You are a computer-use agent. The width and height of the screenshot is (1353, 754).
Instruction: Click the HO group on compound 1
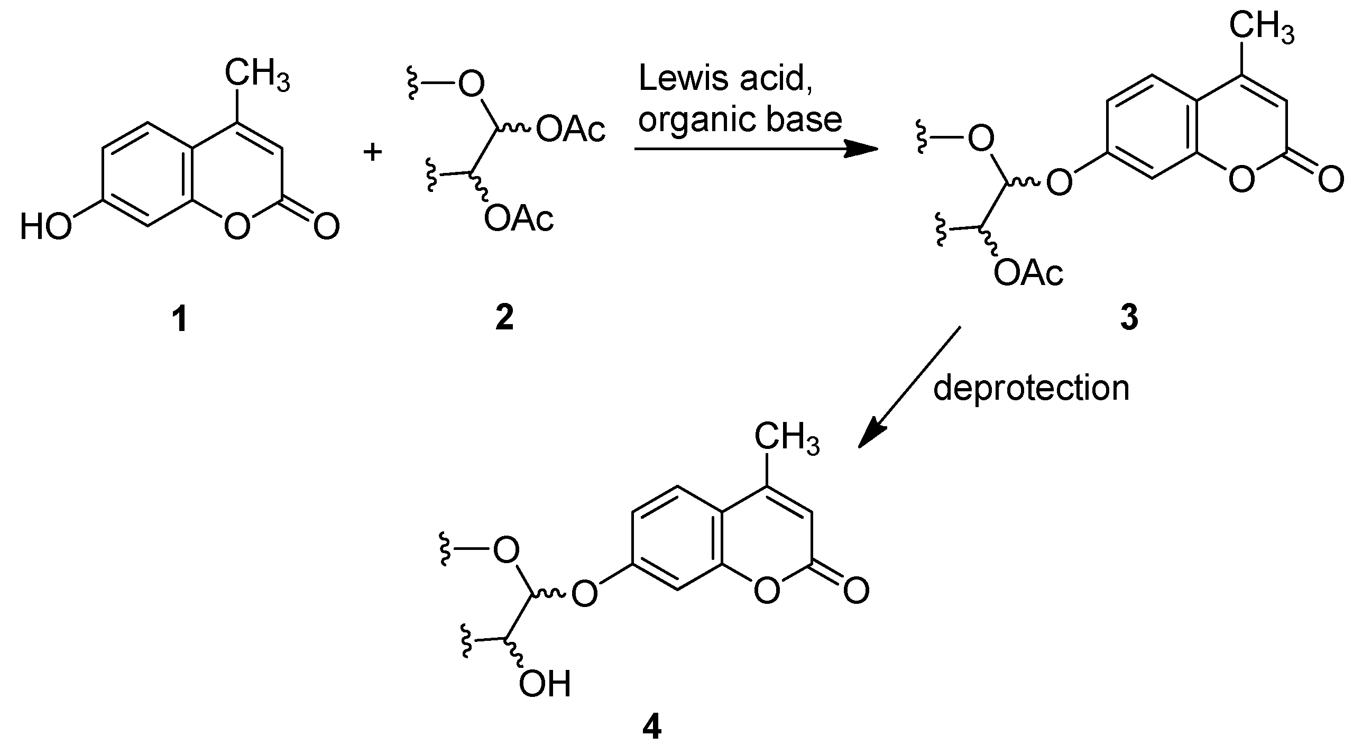tap(45, 227)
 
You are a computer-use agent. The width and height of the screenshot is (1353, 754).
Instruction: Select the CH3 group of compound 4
tap(787, 439)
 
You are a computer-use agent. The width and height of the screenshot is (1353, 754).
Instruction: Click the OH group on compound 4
tap(545, 685)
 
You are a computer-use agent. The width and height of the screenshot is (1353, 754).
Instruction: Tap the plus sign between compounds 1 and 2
tap(373, 153)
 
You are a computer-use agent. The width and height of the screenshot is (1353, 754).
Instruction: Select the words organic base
tap(740, 120)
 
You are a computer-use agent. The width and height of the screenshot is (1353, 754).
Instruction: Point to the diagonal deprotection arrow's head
tap(867, 437)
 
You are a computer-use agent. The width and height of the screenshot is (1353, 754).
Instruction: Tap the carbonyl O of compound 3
tap(1330, 180)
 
